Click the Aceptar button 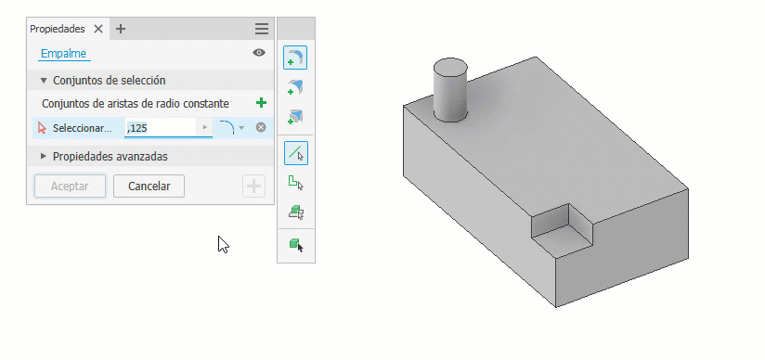[70, 186]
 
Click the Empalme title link [63, 53]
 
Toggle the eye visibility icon [259, 53]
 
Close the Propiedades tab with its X [98, 29]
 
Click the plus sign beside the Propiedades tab [121, 29]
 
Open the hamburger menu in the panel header [262, 29]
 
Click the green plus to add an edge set [262, 103]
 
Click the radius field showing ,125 [161, 128]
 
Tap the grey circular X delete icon [261, 128]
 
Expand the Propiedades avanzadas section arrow [44, 156]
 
